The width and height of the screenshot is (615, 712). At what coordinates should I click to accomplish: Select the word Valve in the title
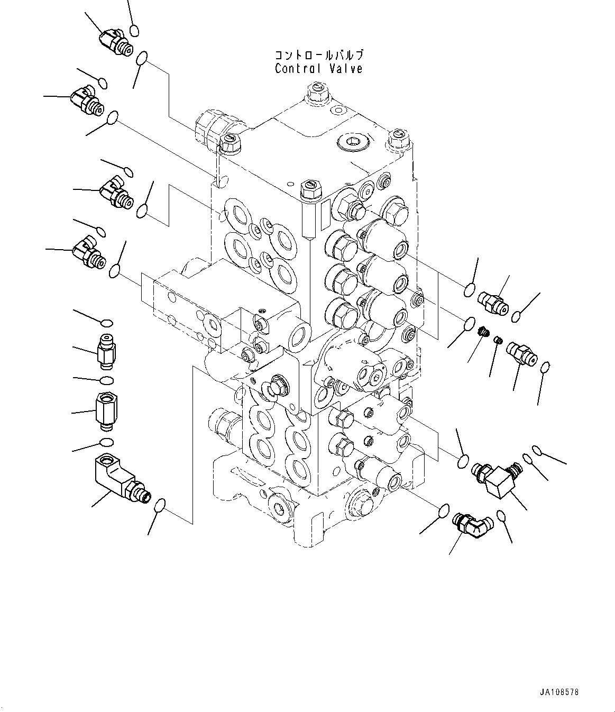click(345, 69)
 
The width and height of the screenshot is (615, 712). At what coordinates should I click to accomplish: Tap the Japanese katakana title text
click(319, 56)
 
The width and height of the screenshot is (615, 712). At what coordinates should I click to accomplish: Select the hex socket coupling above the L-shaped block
click(106, 411)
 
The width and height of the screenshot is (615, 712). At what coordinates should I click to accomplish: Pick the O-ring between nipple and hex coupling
click(106, 380)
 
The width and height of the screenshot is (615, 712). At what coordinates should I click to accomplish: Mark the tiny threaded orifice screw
click(484, 333)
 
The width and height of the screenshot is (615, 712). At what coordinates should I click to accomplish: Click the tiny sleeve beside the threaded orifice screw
click(498, 340)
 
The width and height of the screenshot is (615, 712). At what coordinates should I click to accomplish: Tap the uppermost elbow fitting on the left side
click(116, 43)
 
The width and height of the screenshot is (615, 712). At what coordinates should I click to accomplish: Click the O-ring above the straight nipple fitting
click(107, 323)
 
